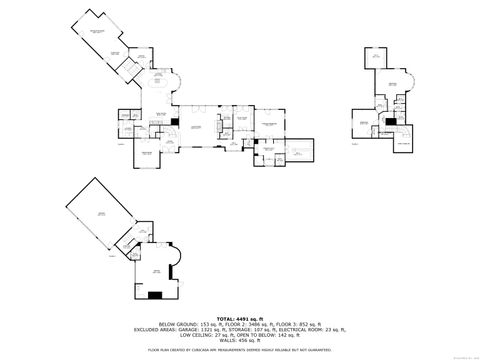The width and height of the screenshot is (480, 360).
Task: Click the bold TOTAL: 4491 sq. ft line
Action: (x=241, y=317)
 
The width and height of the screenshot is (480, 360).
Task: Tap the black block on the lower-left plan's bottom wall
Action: (x=155, y=295)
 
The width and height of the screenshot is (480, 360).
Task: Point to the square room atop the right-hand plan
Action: (x=377, y=57)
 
